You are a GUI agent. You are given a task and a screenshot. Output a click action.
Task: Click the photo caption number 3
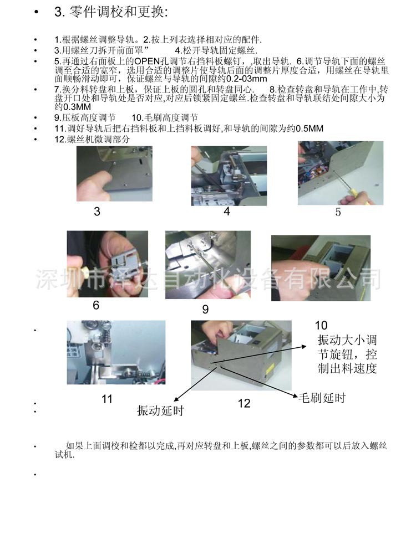[97, 211]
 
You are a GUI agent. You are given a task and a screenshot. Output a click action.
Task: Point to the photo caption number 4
[227, 211]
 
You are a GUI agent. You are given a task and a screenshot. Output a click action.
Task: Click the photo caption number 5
[338, 212]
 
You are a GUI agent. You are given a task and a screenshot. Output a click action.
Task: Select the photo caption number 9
[205, 309]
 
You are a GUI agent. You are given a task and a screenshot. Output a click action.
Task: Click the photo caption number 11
[107, 399]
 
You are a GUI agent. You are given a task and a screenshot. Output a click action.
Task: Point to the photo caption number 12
[244, 403]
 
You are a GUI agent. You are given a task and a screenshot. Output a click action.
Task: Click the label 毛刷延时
[322, 398]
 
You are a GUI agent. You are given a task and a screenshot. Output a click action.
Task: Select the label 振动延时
[160, 411]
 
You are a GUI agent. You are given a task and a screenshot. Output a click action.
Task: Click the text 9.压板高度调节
[85, 117]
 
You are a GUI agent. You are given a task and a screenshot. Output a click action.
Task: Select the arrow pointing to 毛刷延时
[261, 380]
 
